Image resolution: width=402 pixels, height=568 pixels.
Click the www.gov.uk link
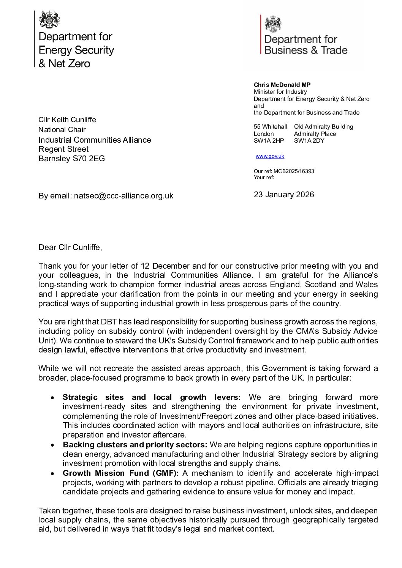click(270, 156)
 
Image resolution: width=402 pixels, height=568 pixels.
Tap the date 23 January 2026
click(284, 195)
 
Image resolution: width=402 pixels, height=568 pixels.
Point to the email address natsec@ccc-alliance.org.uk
click(123, 196)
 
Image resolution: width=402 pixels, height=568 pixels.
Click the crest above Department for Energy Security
click(50, 19)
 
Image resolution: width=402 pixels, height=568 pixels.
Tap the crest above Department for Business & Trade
click(273, 24)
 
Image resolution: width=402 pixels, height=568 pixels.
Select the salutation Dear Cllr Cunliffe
click(70, 247)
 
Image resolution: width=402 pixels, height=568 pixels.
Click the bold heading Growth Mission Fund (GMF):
click(121, 473)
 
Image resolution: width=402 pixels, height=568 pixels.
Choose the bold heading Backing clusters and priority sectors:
click(135, 445)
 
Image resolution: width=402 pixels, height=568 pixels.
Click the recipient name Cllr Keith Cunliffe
click(67, 120)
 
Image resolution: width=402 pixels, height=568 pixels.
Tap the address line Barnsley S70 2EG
click(71, 159)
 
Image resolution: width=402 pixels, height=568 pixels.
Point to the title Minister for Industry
click(280, 92)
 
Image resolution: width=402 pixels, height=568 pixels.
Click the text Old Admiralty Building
click(323, 127)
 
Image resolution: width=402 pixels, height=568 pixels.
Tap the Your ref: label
click(264, 177)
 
